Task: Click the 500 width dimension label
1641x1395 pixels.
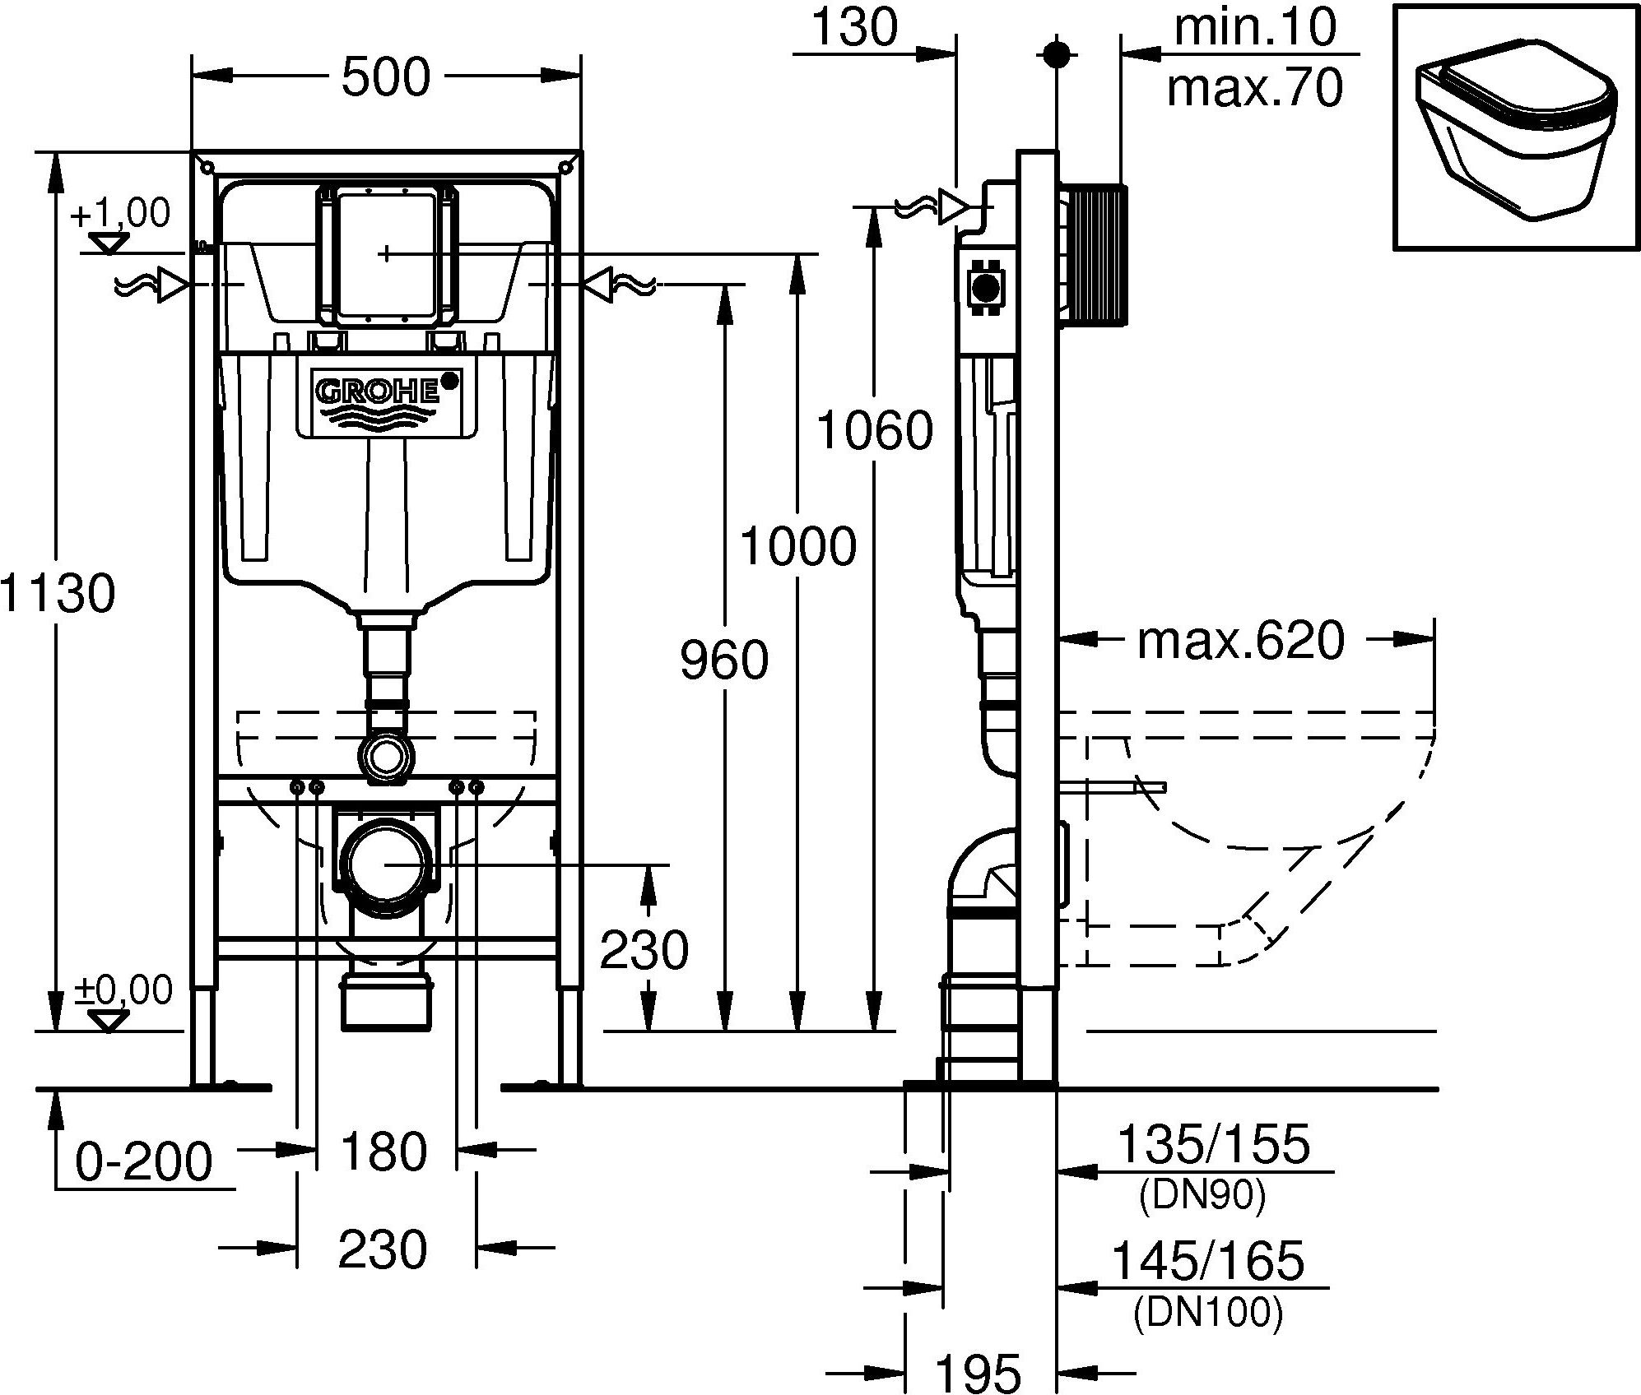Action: click(385, 78)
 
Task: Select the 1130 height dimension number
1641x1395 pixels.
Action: click(56, 593)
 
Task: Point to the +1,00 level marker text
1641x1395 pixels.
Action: click(120, 214)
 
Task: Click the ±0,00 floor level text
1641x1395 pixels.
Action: click(123, 990)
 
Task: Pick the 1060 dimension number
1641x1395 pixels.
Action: click(874, 430)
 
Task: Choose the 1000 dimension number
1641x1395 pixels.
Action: click(797, 547)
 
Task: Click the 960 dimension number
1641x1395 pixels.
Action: click(724, 660)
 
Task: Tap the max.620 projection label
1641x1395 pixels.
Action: click(1240, 641)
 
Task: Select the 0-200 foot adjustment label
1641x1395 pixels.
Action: click(144, 1162)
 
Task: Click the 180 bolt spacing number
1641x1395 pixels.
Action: click(384, 1151)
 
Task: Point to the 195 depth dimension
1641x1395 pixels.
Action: click(978, 1372)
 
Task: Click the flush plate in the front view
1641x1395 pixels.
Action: click(386, 254)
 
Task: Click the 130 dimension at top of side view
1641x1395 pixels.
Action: click(854, 29)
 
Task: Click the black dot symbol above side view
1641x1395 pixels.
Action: click(1055, 54)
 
